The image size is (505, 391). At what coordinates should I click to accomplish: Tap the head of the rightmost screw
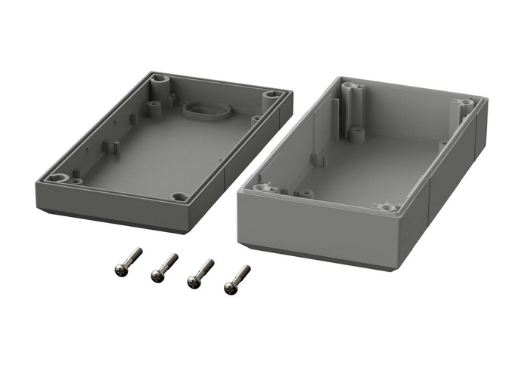tap(230, 286)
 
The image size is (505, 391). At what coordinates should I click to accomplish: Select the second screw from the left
tap(158, 274)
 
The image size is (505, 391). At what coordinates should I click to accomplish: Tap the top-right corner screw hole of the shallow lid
tap(271, 96)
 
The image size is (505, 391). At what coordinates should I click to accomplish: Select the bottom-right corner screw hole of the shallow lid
tap(179, 197)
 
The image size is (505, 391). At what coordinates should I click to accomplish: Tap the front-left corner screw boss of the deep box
tap(262, 187)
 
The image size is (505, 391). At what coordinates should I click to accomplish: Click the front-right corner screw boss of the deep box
tap(388, 206)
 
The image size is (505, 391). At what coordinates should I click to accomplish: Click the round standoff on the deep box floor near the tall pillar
tap(356, 134)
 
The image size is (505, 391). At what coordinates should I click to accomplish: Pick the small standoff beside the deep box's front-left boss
tap(304, 193)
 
